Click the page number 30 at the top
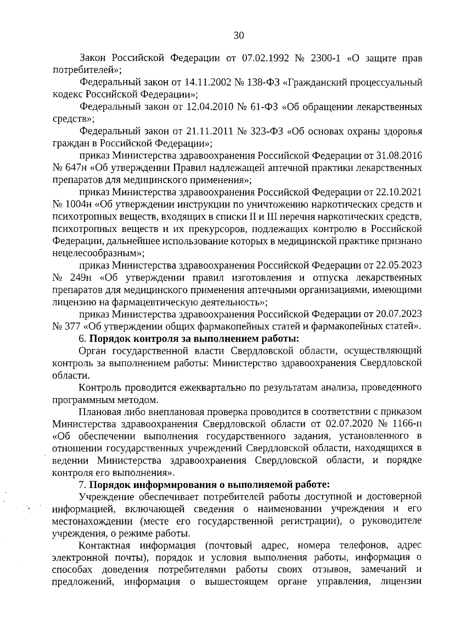(x=239, y=36)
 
